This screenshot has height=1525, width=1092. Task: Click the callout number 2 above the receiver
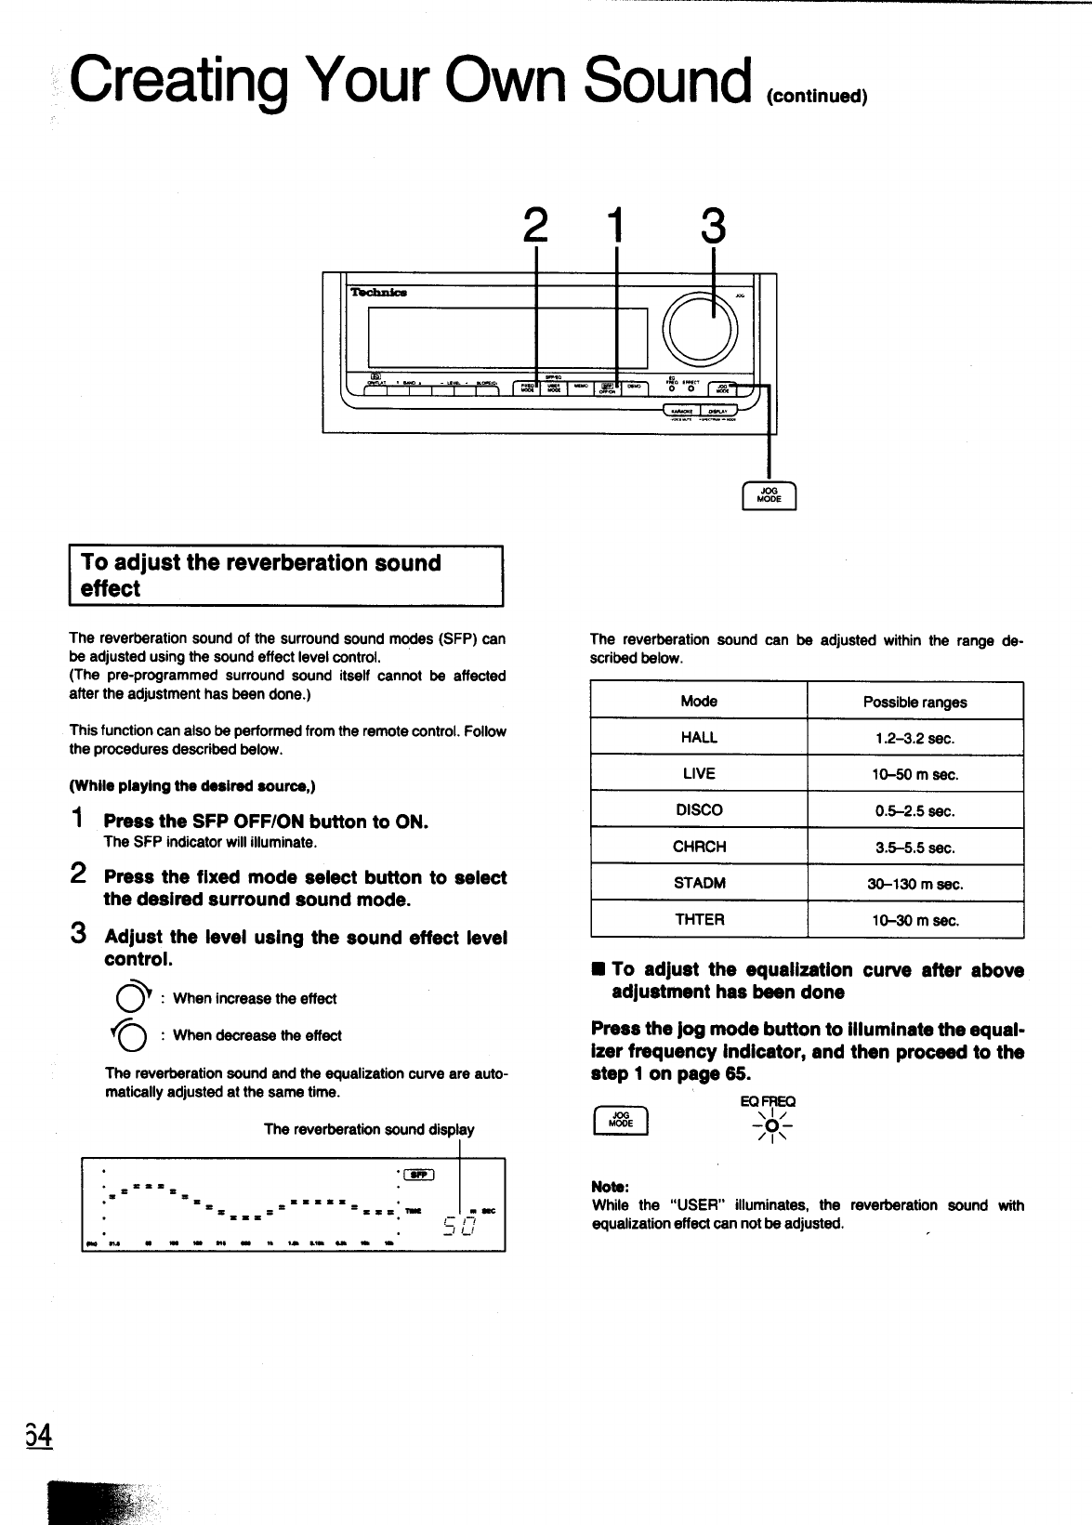[x=535, y=227]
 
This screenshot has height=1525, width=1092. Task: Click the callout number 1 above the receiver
[x=616, y=227]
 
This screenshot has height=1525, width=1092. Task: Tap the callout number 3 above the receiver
[x=712, y=227]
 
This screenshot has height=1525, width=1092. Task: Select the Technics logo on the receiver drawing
[x=378, y=292]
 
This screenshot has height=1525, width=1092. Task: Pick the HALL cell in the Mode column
[x=699, y=738]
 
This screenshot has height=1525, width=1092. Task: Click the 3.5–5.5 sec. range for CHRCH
[x=914, y=848]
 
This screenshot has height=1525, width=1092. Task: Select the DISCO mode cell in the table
[x=699, y=810]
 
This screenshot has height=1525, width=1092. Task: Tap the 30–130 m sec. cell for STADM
[x=914, y=884]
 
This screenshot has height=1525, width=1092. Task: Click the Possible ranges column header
[x=914, y=703]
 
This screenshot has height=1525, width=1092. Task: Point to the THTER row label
[x=699, y=920]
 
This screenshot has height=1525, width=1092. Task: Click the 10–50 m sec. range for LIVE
[x=914, y=774]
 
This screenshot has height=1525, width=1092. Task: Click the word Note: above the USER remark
[x=611, y=1187]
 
